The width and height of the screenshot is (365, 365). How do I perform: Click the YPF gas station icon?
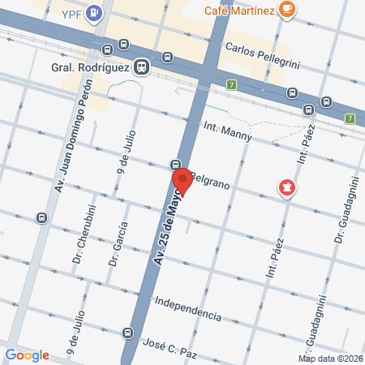pos(95,12)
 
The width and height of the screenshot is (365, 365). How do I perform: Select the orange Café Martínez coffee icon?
pos(286,9)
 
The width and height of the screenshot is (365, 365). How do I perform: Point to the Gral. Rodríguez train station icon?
pos(142,67)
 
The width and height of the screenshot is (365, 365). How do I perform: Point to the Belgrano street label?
pos(213,182)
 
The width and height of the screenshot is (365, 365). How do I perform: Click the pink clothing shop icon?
pos(286,189)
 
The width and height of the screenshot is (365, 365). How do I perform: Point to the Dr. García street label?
pos(118,244)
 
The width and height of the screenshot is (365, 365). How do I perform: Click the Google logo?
pos(27,354)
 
